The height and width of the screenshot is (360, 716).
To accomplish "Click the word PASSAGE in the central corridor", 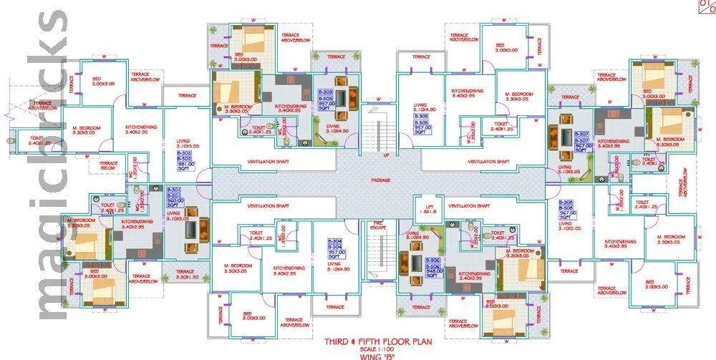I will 380,180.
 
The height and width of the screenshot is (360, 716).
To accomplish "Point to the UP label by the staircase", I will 387,154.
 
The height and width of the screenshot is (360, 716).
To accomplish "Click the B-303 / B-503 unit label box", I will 326,99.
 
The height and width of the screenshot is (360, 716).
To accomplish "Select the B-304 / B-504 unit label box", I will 336,248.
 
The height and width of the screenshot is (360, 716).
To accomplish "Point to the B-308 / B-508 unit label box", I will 566,209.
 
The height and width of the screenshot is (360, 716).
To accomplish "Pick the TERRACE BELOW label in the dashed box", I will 109,165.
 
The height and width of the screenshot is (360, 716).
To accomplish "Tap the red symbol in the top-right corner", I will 705,7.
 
